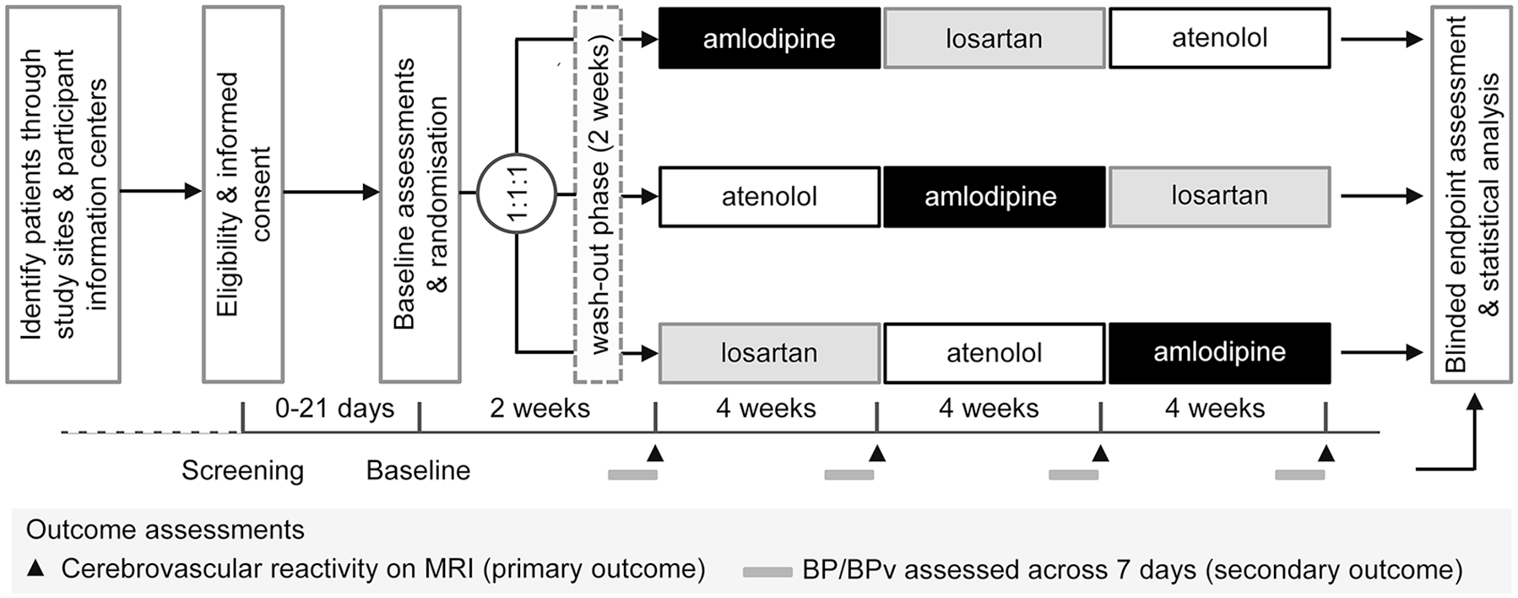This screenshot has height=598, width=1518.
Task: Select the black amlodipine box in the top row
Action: coord(769,38)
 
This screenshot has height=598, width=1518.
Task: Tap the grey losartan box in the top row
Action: coord(994,38)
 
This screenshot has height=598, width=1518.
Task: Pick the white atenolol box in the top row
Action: coord(1219,38)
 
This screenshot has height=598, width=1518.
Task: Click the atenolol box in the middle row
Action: coord(769,197)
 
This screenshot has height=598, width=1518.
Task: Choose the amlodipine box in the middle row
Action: coord(994,197)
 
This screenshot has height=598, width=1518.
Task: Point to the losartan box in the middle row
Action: coord(1219,197)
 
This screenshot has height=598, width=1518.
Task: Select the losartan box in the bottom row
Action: coord(769,353)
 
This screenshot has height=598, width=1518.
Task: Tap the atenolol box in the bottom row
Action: coord(994,353)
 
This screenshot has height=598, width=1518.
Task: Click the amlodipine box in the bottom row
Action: coord(1219,353)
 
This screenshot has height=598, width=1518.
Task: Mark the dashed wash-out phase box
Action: coord(598,194)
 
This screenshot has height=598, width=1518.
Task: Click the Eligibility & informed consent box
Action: coord(243,194)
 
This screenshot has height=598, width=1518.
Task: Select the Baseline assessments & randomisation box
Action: coord(420,194)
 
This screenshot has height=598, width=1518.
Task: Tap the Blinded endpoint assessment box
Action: coord(1471,194)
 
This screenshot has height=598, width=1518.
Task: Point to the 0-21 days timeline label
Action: coord(334,409)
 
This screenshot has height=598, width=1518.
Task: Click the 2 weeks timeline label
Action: coord(539,409)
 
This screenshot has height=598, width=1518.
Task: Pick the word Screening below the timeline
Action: coord(242,470)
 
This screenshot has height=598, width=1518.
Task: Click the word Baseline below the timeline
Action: coord(418,470)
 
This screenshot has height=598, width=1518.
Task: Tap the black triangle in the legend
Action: coord(35,568)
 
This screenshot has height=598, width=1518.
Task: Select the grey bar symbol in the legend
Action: coord(767,572)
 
